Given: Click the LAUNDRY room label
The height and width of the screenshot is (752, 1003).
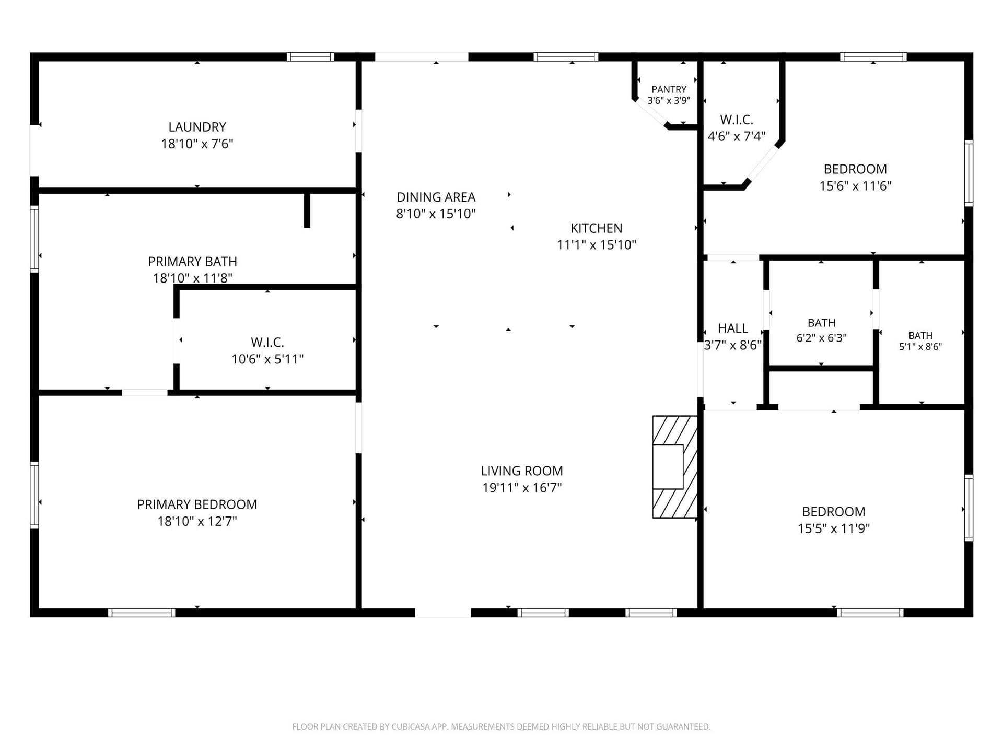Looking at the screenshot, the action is tap(197, 127).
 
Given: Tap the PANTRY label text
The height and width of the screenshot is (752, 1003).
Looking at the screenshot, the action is tap(669, 89).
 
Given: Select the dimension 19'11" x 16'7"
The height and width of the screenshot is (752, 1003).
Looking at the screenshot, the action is tap(522, 488).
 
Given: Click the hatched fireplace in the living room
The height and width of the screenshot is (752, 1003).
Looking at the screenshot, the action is tap(675, 467).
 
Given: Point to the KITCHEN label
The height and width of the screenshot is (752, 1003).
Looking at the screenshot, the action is tap(597, 228).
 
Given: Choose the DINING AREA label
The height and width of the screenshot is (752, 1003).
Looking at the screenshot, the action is tap(436, 197).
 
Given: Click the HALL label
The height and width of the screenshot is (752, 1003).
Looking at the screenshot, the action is tap(733, 328).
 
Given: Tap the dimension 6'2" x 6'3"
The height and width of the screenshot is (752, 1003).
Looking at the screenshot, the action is tap(822, 338).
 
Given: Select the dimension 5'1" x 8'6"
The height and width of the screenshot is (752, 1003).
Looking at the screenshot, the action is tap(920, 346).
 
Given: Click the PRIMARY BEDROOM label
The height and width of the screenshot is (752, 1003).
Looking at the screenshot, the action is tap(197, 504).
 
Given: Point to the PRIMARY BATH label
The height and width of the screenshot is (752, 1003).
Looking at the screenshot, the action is tap(192, 262).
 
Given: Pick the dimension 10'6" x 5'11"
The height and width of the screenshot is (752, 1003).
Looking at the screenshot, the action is tap(267, 359).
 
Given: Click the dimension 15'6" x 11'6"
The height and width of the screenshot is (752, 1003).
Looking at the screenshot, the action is tap(855, 186).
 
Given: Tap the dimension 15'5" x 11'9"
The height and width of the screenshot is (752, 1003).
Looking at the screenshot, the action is tap(834, 528).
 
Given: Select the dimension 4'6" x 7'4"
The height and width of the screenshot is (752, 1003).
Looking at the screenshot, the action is tap(737, 136).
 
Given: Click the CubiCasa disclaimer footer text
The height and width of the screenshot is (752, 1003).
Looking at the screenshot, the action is tap(501, 726).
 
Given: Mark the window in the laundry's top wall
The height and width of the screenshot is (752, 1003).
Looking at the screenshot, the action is tap(310, 57).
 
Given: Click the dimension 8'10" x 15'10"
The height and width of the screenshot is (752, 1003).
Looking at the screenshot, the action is tap(436, 214).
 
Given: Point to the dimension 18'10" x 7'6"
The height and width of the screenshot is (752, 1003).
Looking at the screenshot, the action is tap(197, 144).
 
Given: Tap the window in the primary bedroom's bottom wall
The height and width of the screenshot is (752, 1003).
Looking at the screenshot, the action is tap(142, 613).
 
